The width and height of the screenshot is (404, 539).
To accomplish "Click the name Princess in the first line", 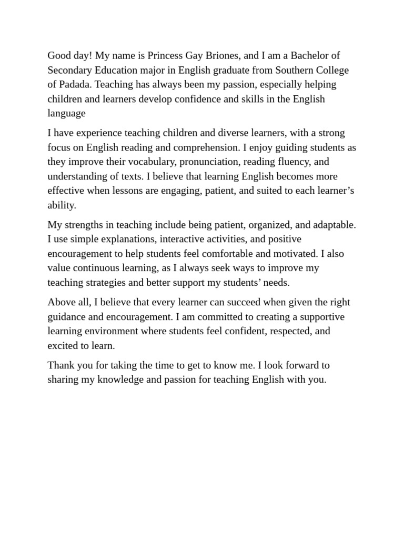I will [167, 56].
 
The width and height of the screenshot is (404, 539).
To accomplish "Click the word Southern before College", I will [296, 70].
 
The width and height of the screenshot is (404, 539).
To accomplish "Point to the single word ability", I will [62, 205].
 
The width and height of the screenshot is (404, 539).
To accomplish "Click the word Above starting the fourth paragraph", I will [61, 302].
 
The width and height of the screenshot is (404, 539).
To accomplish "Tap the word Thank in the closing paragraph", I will [61, 365].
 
